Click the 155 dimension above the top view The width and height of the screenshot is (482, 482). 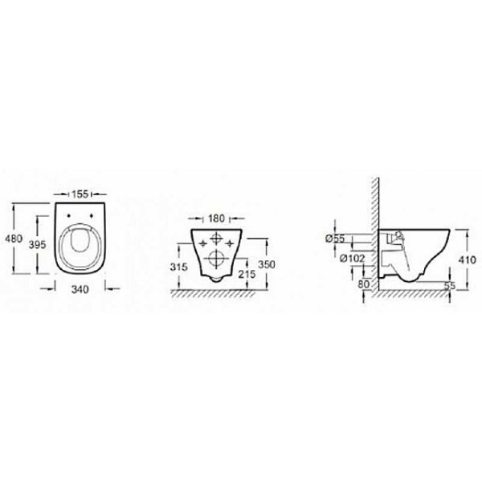coord(80,194)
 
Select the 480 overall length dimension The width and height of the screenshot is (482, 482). coord(14,239)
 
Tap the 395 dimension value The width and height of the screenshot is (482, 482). coord(37,245)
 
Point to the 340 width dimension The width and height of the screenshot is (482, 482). coord(80,289)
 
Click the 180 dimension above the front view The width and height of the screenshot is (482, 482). coord(217,219)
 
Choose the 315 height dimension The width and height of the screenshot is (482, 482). coord(178,267)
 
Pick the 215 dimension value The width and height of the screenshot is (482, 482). coord(247,274)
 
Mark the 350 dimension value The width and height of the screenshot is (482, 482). coord(267,264)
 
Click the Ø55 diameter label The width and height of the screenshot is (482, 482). coord(335,239)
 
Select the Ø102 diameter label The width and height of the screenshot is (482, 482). coord(352,259)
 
